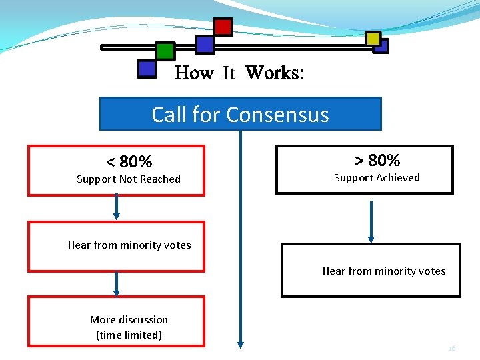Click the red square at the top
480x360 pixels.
pyautogui.click(x=223, y=27)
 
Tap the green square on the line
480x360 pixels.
pyautogui.click(x=165, y=51)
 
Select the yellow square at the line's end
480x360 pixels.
pyautogui.click(x=373, y=39)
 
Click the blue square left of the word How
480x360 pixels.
pyautogui.click(x=146, y=68)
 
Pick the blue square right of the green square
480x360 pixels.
pyautogui.click(x=205, y=45)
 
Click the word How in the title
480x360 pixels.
pyautogui.click(x=193, y=73)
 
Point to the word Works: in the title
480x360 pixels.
pyautogui.click(x=275, y=73)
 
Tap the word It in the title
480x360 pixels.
pyautogui.click(x=229, y=73)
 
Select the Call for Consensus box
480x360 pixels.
pyautogui.click(x=240, y=114)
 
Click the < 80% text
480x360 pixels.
pyautogui.click(x=129, y=161)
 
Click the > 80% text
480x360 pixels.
pyautogui.click(x=377, y=160)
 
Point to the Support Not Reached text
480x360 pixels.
pyautogui.click(x=129, y=179)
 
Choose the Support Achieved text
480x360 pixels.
pyautogui.click(x=377, y=177)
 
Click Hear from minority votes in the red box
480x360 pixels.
pyautogui.click(x=129, y=245)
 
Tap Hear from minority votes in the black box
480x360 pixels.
pyautogui.click(x=384, y=270)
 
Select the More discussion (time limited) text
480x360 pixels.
pyautogui.click(x=129, y=327)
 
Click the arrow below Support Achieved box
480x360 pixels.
pyautogui.click(x=372, y=221)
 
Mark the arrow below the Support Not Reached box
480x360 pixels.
pyautogui.click(x=117, y=207)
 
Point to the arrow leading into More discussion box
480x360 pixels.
pyautogui.click(x=117, y=283)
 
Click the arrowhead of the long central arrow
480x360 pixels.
pyautogui.click(x=241, y=344)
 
